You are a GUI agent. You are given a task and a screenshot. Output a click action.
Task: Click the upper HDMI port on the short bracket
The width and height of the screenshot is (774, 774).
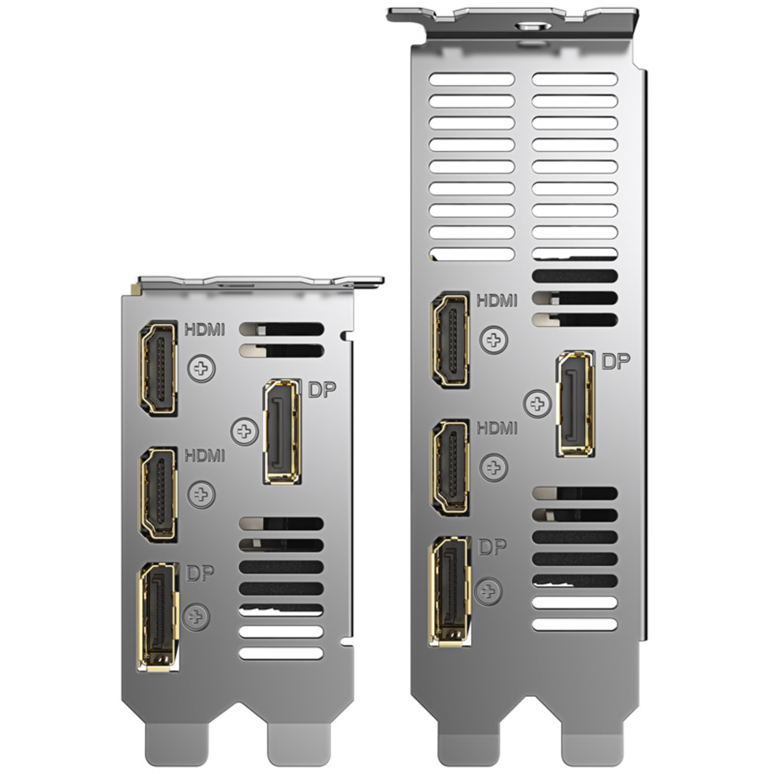158,369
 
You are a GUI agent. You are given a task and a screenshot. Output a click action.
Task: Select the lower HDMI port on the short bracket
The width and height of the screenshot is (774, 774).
158,494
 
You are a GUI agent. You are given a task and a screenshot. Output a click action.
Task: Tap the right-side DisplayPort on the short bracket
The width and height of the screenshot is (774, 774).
283,432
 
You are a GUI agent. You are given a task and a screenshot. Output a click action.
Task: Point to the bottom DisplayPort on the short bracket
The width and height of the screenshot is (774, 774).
159,617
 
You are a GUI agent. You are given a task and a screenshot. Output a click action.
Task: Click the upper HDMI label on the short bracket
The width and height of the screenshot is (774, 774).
205,330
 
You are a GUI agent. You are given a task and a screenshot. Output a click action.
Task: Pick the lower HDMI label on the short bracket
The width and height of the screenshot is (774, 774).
205,456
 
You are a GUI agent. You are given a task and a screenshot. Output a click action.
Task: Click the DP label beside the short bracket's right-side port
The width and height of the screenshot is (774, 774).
322,389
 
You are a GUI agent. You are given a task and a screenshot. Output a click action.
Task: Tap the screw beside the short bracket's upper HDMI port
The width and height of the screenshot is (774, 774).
201,369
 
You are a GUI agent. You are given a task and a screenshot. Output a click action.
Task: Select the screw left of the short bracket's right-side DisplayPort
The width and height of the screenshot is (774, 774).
244,431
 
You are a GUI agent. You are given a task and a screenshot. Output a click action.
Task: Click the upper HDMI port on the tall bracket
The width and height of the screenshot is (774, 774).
450,340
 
